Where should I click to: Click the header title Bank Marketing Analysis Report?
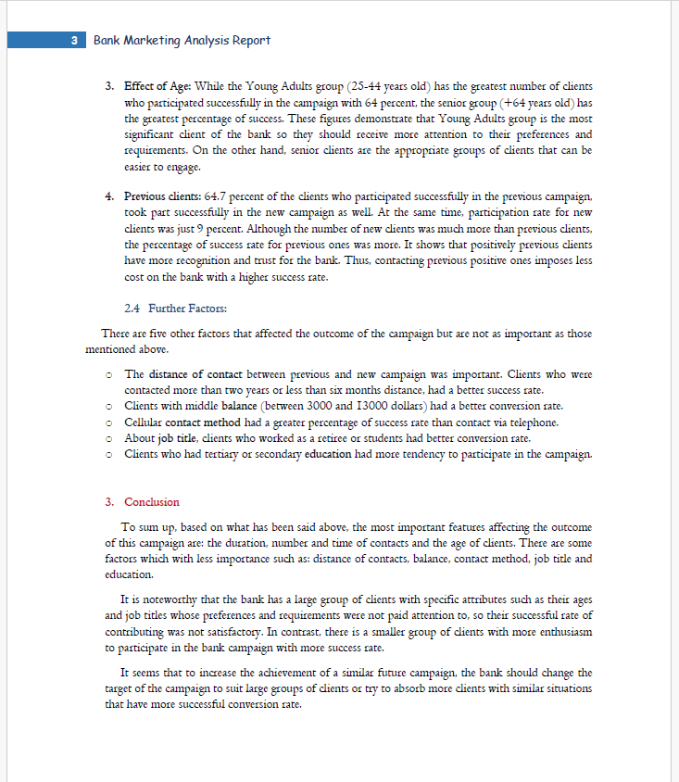coord(182,41)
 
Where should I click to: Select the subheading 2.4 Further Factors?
coord(175,308)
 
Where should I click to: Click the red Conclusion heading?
coord(152,501)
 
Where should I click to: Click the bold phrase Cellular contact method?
coord(183,423)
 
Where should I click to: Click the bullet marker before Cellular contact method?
coord(109,423)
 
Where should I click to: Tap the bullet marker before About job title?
coord(109,438)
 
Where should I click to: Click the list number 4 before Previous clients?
coord(109,197)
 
